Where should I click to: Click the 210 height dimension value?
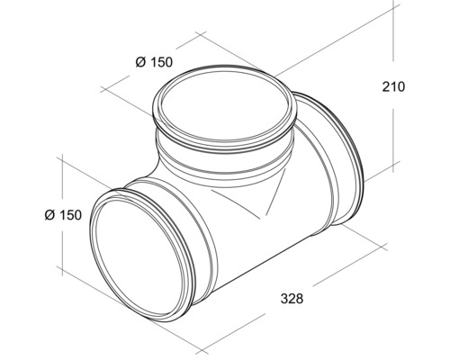click(393, 87)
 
